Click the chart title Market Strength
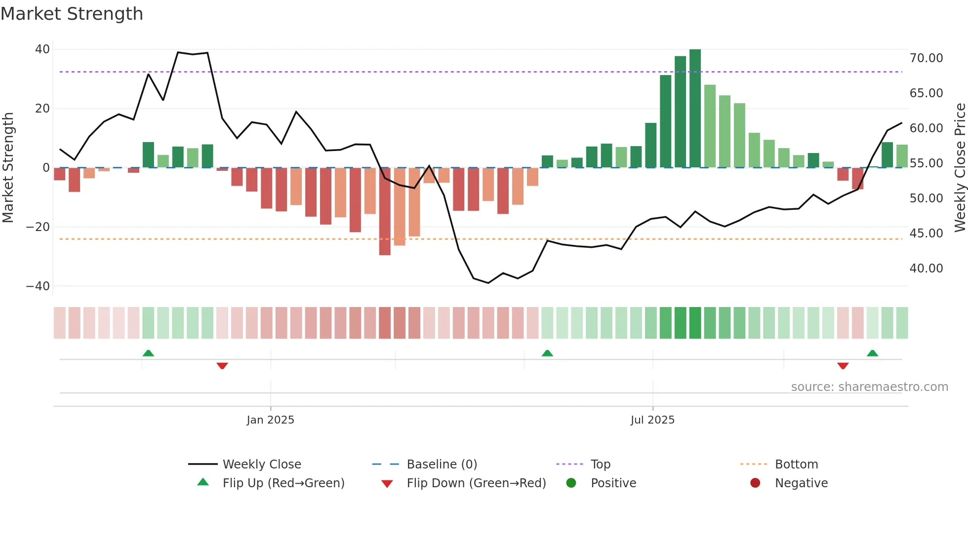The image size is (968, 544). pyautogui.click(x=72, y=14)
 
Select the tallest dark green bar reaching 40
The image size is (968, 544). pyautogui.click(x=695, y=109)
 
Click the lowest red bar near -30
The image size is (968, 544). pyautogui.click(x=385, y=212)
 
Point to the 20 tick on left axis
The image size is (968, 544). pyautogui.click(x=42, y=109)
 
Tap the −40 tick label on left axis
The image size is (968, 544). pyautogui.click(x=38, y=286)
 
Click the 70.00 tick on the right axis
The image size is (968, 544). pyautogui.click(x=926, y=58)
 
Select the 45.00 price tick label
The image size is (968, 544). pyautogui.click(x=926, y=233)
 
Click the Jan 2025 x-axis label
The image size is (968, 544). pyautogui.click(x=270, y=420)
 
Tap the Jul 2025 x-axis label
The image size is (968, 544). pyautogui.click(x=652, y=420)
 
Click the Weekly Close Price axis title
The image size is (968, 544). pyautogui.click(x=960, y=168)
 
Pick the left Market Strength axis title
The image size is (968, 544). pyautogui.click(x=8, y=168)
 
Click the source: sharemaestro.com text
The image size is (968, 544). pyautogui.click(x=869, y=387)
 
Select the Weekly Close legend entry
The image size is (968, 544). pyautogui.click(x=261, y=465)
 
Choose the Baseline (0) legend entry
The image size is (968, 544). pyautogui.click(x=442, y=465)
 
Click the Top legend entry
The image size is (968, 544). pyautogui.click(x=600, y=465)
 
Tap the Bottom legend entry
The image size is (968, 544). pyautogui.click(x=796, y=465)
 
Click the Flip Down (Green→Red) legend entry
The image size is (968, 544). pyautogui.click(x=476, y=483)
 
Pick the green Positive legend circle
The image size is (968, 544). pyautogui.click(x=571, y=483)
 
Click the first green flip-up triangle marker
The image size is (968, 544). pyautogui.click(x=148, y=353)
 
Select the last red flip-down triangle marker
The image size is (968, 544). pyautogui.click(x=843, y=366)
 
